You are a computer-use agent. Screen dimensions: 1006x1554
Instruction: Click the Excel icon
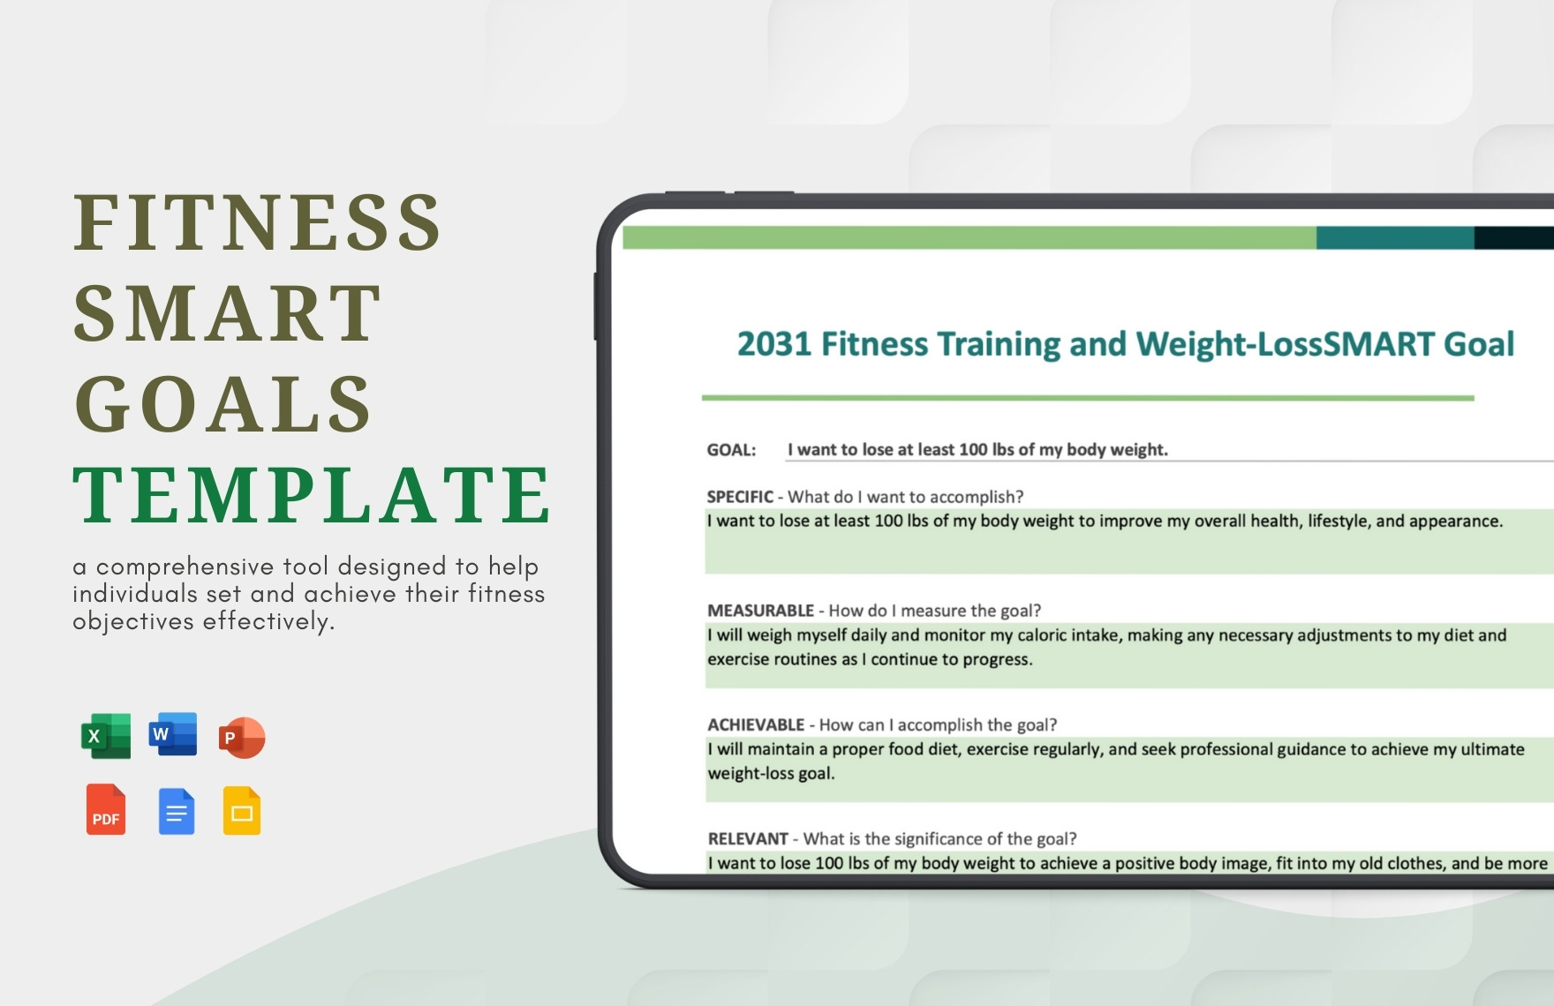coord(106,736)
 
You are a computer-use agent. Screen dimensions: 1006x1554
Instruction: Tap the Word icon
coord(173,734)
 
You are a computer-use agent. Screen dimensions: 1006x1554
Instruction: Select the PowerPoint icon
coord(242,738)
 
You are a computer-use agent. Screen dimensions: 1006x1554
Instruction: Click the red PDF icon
coord(106,809)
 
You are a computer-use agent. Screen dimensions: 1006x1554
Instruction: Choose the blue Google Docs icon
coord(177,811)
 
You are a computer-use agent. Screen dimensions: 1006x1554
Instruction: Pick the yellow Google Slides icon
coord(242,811)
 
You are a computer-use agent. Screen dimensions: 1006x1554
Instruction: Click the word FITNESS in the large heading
coord(257,222)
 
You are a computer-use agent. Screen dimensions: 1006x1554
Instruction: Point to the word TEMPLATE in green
coord(312,494)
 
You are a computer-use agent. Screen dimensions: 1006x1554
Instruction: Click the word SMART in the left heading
coord(227,313)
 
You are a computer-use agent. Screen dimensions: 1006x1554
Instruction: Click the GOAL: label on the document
coord(731,450)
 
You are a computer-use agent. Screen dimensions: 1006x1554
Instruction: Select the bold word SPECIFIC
coord(740,497)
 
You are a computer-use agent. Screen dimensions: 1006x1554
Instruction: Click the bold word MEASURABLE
coord(760,611)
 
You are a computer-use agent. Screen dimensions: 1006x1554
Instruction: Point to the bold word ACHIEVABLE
coord(756,724)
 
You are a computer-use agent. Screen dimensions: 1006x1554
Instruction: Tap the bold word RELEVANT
coord(748,838)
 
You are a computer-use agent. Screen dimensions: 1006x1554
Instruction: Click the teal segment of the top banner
coord(1394,237)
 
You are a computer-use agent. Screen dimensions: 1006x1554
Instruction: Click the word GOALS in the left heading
coord(223,404)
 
